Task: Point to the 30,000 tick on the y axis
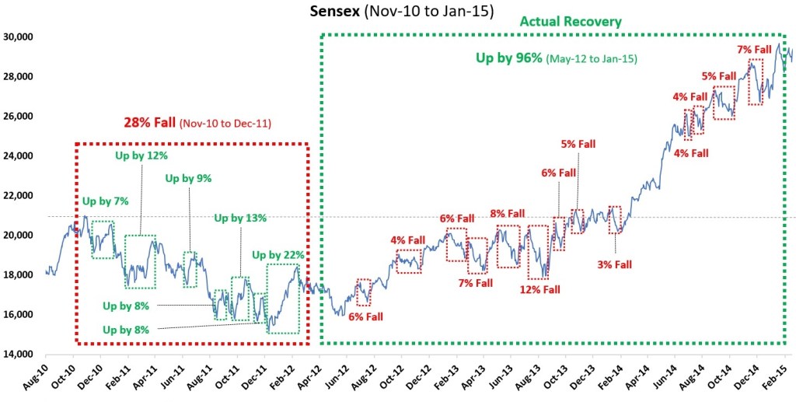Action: point(17,37)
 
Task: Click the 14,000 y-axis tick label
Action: point(17,354)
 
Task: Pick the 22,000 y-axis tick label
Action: point(17,195)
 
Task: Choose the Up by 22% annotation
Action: point(278,254)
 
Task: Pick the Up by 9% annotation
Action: point(188,179)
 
